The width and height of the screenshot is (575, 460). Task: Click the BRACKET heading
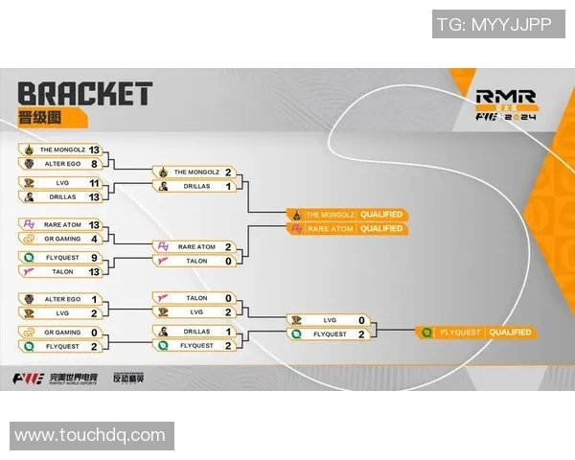point(84,94)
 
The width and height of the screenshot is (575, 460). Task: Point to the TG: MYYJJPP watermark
point(494,26)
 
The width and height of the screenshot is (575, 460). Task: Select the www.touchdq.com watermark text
point(90,435)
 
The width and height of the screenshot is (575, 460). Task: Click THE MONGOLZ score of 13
point(94,150)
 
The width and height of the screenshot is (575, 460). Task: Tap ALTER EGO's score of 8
point(94,164)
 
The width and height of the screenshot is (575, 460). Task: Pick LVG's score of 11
point(94,182)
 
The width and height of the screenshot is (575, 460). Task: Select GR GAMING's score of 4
point(94,238)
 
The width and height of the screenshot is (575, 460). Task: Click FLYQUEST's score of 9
point(94,258)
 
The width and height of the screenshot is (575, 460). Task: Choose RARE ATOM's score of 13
point(94,224)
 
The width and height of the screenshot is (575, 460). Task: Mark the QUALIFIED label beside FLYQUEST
point(509,333)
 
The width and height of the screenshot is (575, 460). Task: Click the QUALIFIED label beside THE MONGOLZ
point(382,214)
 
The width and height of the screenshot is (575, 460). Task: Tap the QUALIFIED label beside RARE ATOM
point(382,229)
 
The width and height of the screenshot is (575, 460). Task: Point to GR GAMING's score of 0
point(94,333)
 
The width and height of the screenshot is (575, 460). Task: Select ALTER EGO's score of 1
point(94,300)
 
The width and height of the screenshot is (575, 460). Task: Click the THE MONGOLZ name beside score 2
point(195,172)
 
